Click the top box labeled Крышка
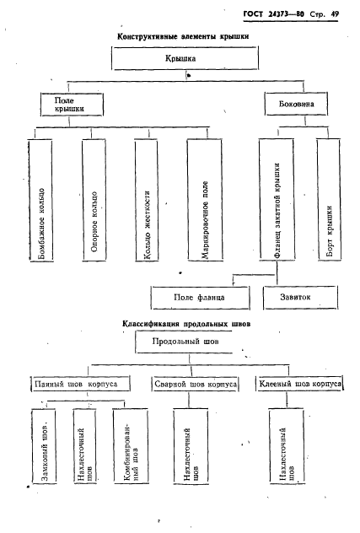tap(185, 58)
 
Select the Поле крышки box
tap(72, 105)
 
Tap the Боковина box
tap(296, 104)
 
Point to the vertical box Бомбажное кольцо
tap(41, 200)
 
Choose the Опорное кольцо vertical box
tap(94, 200)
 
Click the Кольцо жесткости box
tap(147, 200)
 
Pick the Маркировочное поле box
tap(205, 200)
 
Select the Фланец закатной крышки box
tap(277, 199)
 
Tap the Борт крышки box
tap(329, 200)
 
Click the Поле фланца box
tap(200, 298)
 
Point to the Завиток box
tap(300, 298)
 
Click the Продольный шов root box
tap(184, 342)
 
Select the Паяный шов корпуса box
tap(81, 384)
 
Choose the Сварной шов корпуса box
tap(195, 384)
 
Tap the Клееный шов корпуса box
tap(299, 384)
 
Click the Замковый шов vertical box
tap(44, 446)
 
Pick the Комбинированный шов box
tap(131, 445)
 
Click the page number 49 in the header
tap(335, 14)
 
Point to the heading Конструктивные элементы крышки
tap(183, 36)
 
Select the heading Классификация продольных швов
tap(186, 324)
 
